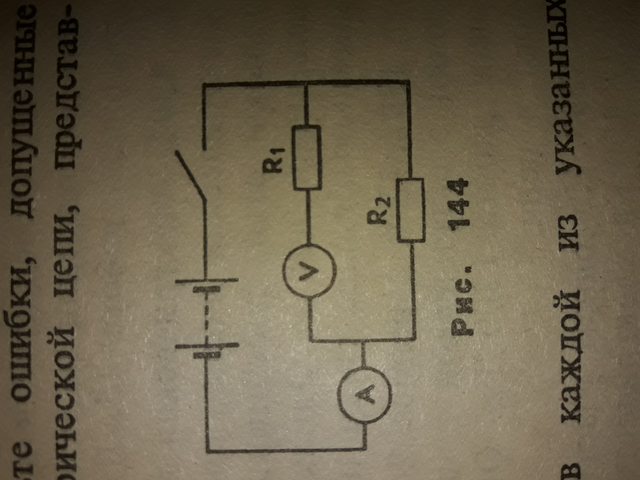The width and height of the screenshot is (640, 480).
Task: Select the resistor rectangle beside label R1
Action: coord(307,158)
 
